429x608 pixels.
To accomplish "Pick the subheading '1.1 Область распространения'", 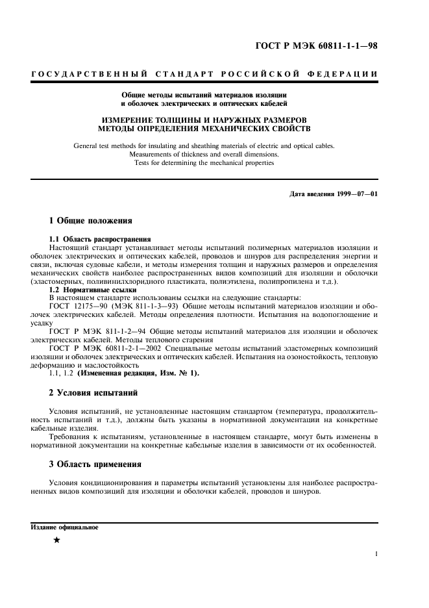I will [100, 239].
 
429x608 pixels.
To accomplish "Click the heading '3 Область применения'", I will [95, 464].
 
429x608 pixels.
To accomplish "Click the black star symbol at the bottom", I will [56, 540].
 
